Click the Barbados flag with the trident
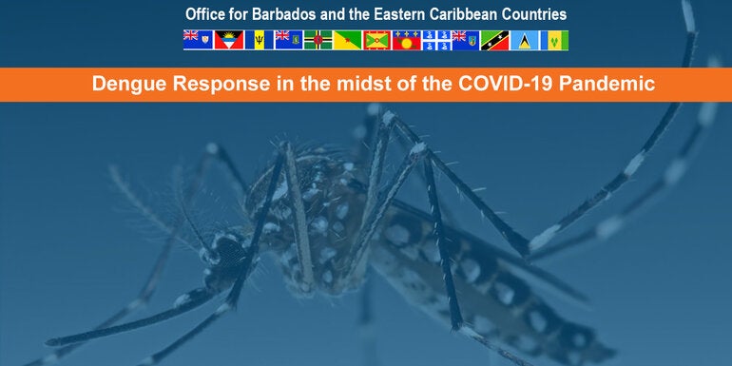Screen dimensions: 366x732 tap(257, 40)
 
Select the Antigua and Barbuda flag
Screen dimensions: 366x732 tap(227, 40)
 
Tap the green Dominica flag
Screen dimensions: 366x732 tap(318, 40)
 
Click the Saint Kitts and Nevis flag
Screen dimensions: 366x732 tap(495, 40)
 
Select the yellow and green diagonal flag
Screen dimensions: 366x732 tap(347, 40)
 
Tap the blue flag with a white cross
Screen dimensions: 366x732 tap(436, 40)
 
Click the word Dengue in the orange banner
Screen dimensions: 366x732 tap(123, 84)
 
